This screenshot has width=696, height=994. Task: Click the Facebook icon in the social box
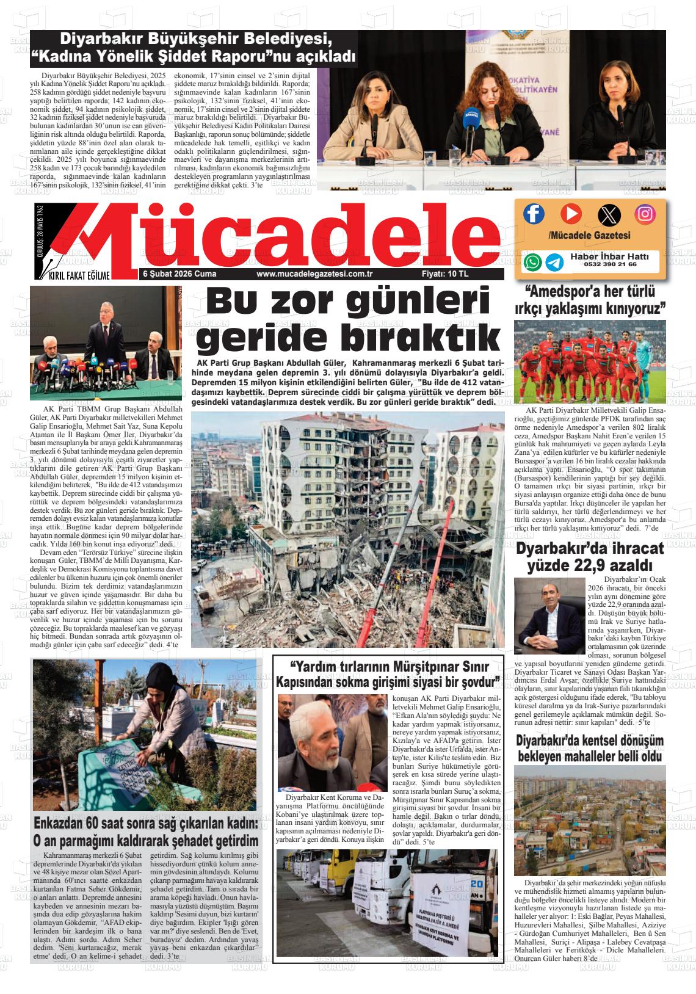tap(534, 214)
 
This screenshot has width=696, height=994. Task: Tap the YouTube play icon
tap(571, 214)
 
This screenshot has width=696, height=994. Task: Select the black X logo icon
tap(608, 214)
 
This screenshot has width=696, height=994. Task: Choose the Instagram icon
tap(645, 214)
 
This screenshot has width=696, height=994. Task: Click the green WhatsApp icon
tap(532, 262)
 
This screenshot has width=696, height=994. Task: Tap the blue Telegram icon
tap(554, 262)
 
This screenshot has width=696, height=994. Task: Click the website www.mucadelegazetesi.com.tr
tap(315, 275)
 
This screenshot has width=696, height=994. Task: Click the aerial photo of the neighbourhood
tap(590, 819)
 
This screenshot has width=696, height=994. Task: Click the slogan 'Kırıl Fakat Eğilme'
tap(79, 276)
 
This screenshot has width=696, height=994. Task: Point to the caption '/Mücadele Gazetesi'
tap(589, 235)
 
